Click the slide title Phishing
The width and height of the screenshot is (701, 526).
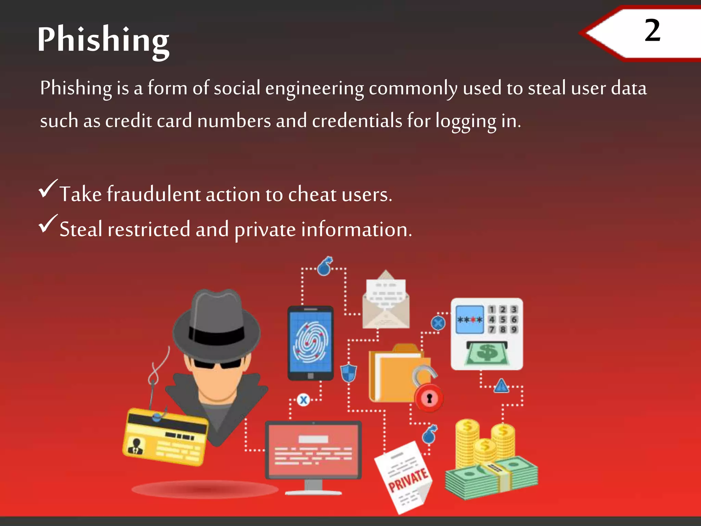click(103, 40)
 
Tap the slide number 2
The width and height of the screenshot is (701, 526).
click(652, 31)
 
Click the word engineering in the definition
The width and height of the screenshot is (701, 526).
click(314, 88)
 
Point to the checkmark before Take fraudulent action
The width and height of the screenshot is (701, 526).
click(48, 188)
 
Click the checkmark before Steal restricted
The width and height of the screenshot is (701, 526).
click(48, 223)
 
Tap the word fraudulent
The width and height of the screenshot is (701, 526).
click(153, 194)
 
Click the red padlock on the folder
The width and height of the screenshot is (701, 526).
click(429, 398)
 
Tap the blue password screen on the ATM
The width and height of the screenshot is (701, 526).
click(469, 320)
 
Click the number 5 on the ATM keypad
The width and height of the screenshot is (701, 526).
click(502, 320)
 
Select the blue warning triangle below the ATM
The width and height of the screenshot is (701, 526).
click(501, 386)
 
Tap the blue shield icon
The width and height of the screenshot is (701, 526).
click(348, 373)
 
